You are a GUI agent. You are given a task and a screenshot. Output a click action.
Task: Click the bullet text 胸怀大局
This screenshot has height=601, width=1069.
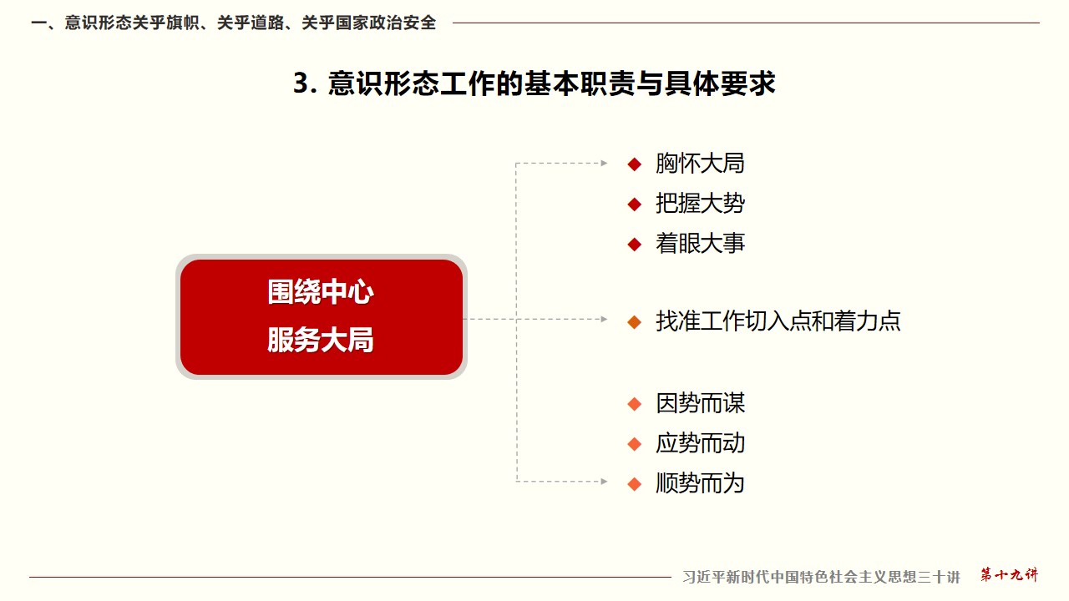(x=700, y=164)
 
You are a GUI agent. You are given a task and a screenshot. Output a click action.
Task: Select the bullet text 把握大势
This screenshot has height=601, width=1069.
(x=700, y=204)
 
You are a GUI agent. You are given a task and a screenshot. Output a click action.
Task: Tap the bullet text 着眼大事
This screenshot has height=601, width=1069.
(x=700, y=244)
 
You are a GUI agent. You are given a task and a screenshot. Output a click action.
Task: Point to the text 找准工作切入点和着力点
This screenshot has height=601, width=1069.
(x=778, y=321)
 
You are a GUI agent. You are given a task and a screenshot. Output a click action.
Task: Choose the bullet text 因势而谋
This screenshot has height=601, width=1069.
(x=700, y=403)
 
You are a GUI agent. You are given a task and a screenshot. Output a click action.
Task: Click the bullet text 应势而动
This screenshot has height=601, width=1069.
(x=700, y=443)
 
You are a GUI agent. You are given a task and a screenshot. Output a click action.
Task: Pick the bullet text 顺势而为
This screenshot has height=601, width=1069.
(x=700, y=483)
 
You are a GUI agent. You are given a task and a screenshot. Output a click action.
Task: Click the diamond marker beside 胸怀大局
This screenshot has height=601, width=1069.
(x=634, y=164)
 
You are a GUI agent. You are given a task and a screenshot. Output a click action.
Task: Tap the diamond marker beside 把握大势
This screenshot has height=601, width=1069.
(x=634, y=205)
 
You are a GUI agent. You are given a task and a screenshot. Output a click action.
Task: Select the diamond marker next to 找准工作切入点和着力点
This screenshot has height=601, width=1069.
(x=634, y=322)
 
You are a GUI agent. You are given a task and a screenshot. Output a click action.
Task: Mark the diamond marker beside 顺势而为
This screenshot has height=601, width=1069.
(x=634, y=484)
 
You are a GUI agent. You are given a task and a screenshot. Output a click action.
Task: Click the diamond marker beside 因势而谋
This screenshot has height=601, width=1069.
(x=634, y=405)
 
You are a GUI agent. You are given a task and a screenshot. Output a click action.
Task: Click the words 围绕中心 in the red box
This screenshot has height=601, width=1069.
(x=320, y=292)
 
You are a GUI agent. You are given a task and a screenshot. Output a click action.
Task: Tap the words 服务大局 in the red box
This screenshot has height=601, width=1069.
(x=320, y=340)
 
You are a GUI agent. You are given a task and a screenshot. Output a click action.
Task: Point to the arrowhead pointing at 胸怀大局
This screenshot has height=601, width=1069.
(x=604, y=163)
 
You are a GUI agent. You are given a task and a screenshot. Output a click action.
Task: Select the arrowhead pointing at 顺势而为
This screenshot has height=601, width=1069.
(x=604, y=482)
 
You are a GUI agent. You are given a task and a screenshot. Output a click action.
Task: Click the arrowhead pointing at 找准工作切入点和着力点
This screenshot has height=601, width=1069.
(x=604, y=319)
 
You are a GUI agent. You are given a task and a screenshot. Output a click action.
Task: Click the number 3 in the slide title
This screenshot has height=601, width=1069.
(x=301, y=83)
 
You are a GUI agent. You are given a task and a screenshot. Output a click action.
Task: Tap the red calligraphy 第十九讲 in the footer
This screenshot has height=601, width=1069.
(x=1010, y=574)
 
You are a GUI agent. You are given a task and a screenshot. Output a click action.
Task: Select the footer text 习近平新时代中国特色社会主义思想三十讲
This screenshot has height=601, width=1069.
(x=821, y=577)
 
